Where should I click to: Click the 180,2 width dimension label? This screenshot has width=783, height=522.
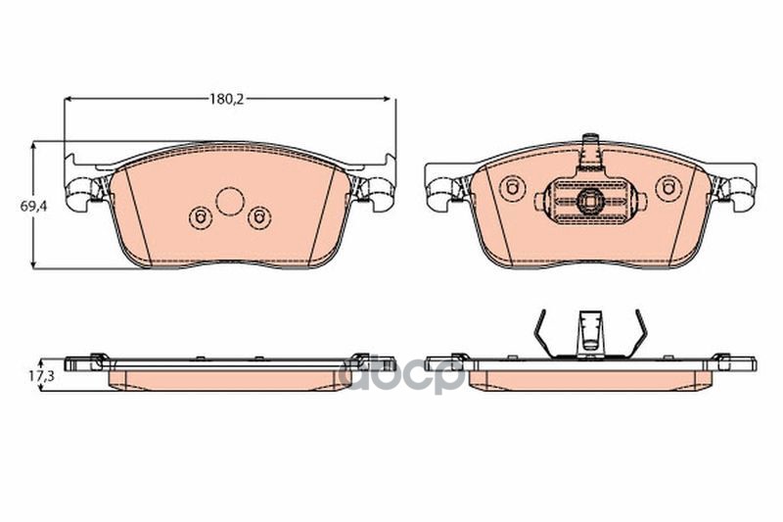click(226, 99)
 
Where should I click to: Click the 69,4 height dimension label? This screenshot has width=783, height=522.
click(33, 206)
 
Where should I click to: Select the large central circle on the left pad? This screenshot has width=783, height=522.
click(230, 202)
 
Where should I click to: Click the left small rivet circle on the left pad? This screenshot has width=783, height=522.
click(201, 217)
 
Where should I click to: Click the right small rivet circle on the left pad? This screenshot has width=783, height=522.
click(259, 217)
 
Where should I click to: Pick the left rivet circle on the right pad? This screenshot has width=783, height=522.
click(512, 188)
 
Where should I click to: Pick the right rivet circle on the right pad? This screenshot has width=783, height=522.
click(668, 189)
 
